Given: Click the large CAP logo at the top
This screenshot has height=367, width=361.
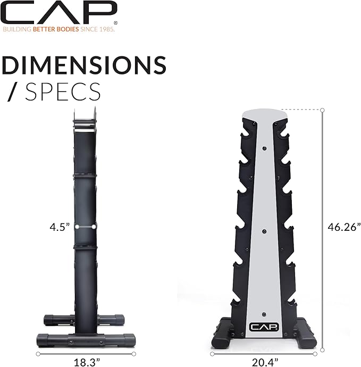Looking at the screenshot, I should point(59,12).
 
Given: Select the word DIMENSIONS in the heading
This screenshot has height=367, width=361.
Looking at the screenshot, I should point(84,65).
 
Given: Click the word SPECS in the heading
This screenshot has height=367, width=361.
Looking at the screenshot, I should point(63,91).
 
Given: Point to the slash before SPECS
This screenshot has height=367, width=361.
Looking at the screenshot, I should point(12,92).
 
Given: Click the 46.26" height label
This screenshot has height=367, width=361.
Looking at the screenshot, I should point(343,227).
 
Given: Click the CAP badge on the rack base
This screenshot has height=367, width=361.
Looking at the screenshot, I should point(264,327).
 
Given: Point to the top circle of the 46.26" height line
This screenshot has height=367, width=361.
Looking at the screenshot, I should point(322,110).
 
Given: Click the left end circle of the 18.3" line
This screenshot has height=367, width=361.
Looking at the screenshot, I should point(38,353).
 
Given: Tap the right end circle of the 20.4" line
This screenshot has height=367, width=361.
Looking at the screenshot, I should point(315,353).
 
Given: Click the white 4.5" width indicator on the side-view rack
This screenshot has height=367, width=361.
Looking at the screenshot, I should point(86,227).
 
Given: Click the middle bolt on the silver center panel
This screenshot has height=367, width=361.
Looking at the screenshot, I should point(264,230).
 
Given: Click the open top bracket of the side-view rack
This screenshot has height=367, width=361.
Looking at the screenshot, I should point(85,118).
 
